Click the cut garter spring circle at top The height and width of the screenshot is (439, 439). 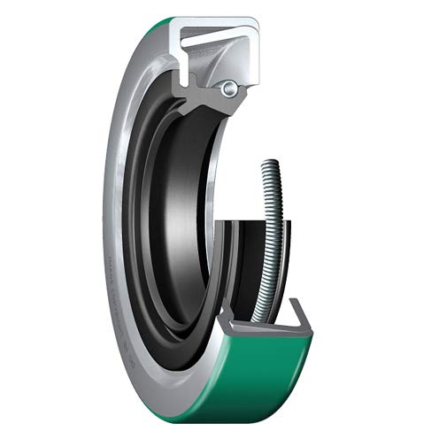click(x=230, y=87)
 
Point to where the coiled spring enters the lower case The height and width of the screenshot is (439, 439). click(x=258, y=315)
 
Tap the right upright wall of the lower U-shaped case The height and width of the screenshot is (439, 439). click(x=305, y=319)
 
